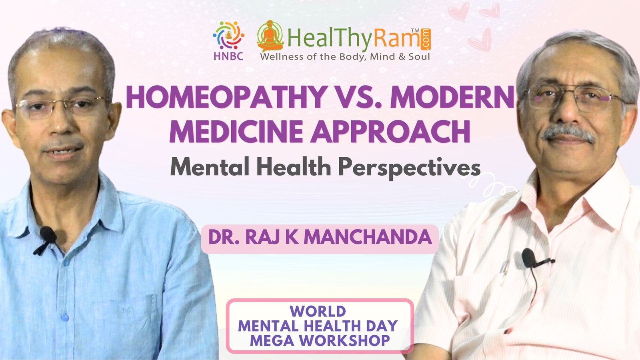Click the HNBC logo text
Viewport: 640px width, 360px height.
point(228,56)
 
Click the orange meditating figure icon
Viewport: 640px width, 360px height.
point(270,36)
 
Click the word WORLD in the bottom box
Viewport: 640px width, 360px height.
point(318,312)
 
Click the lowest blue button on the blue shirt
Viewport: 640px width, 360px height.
point(65,316)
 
